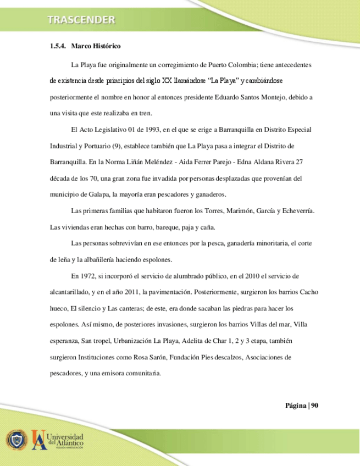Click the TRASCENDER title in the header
pyautogui.click(x=81, y=21)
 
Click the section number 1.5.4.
pyautogui.click(x=57, y=47)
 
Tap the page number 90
pyautogui.click(x=315, y=406)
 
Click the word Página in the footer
pyautogui.click(x=296, y=406)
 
